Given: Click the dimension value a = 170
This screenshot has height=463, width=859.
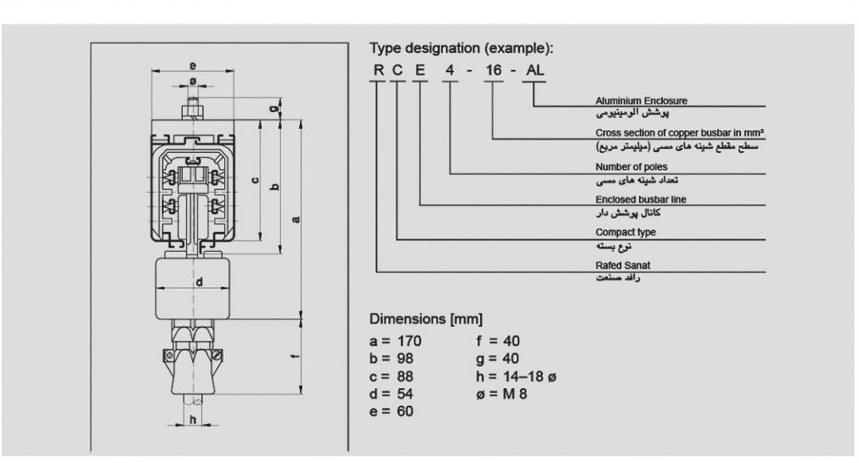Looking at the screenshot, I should (396, 342).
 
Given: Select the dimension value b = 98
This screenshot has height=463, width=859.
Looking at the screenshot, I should (393, 359).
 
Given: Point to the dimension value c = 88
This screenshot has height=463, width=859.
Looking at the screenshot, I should (393, 377).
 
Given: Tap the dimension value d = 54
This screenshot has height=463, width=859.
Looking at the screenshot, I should (393, 394).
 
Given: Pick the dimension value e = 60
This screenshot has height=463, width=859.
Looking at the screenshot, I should (393, 411).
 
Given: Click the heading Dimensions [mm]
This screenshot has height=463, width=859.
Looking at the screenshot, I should (425, 320).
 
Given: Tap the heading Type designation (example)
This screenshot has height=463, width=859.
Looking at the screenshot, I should (461, 49).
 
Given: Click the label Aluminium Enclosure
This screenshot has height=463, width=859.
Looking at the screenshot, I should (641, 101).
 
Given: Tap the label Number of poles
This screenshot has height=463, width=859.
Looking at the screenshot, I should (632, 166).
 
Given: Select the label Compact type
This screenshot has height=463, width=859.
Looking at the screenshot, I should (626, 232).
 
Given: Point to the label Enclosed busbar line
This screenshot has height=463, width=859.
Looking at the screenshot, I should (641, 199).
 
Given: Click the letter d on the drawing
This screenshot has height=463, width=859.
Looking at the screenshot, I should (199, 282).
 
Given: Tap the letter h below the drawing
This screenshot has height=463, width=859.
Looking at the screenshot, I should (193, 419).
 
